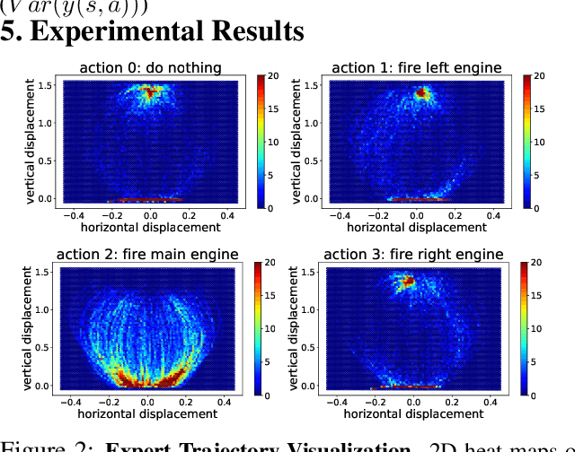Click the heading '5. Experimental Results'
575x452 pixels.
click(x=153, y=31)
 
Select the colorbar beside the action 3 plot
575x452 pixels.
click(x=525, y=329)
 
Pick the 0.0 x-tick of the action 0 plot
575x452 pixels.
click(x=151, y=216)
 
